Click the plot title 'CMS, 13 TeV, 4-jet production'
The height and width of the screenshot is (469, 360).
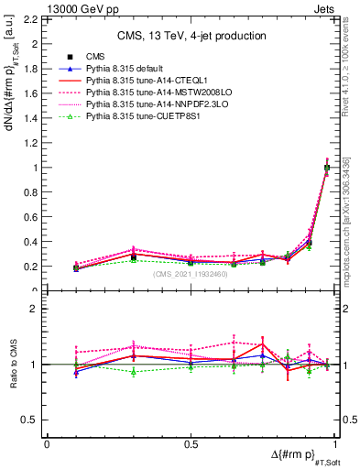tap(191, 36)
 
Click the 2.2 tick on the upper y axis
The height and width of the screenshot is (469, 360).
tap(33, 19)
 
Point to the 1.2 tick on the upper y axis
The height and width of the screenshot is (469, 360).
tap(33, 143)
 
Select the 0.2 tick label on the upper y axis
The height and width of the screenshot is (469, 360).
tap(33, 267)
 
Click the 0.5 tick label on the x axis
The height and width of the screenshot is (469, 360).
tap(191, 442)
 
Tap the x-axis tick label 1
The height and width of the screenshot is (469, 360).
tap(334, 442)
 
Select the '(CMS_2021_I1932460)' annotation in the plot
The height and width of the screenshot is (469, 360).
tap(191, 274)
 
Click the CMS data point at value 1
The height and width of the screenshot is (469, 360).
tap(327, 168)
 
